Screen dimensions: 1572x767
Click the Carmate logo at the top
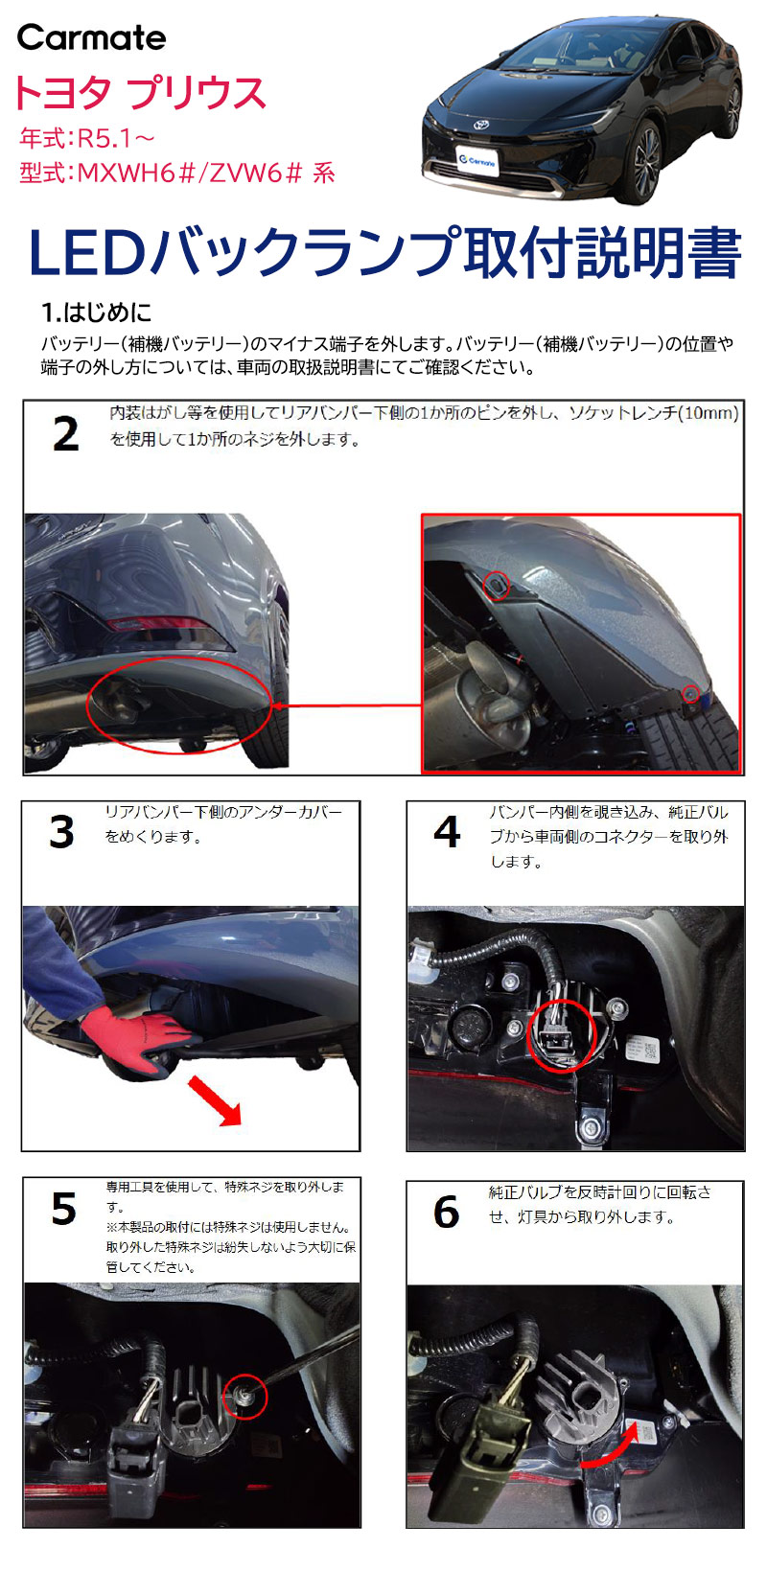[91, 37]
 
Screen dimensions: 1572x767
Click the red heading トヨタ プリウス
[139, 93]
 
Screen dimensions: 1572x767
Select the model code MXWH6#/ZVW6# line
[176, 173]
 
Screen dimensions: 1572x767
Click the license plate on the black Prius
[476, 161]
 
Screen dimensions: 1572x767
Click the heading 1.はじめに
[96, 312]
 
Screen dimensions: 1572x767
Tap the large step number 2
[65, 434]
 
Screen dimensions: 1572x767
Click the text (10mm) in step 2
[708, 413]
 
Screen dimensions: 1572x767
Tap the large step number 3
[61, 832]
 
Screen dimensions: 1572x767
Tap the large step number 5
[63, 1209]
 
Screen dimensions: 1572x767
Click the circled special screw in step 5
[245, 1397]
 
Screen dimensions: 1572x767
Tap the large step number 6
[446, 1212]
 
